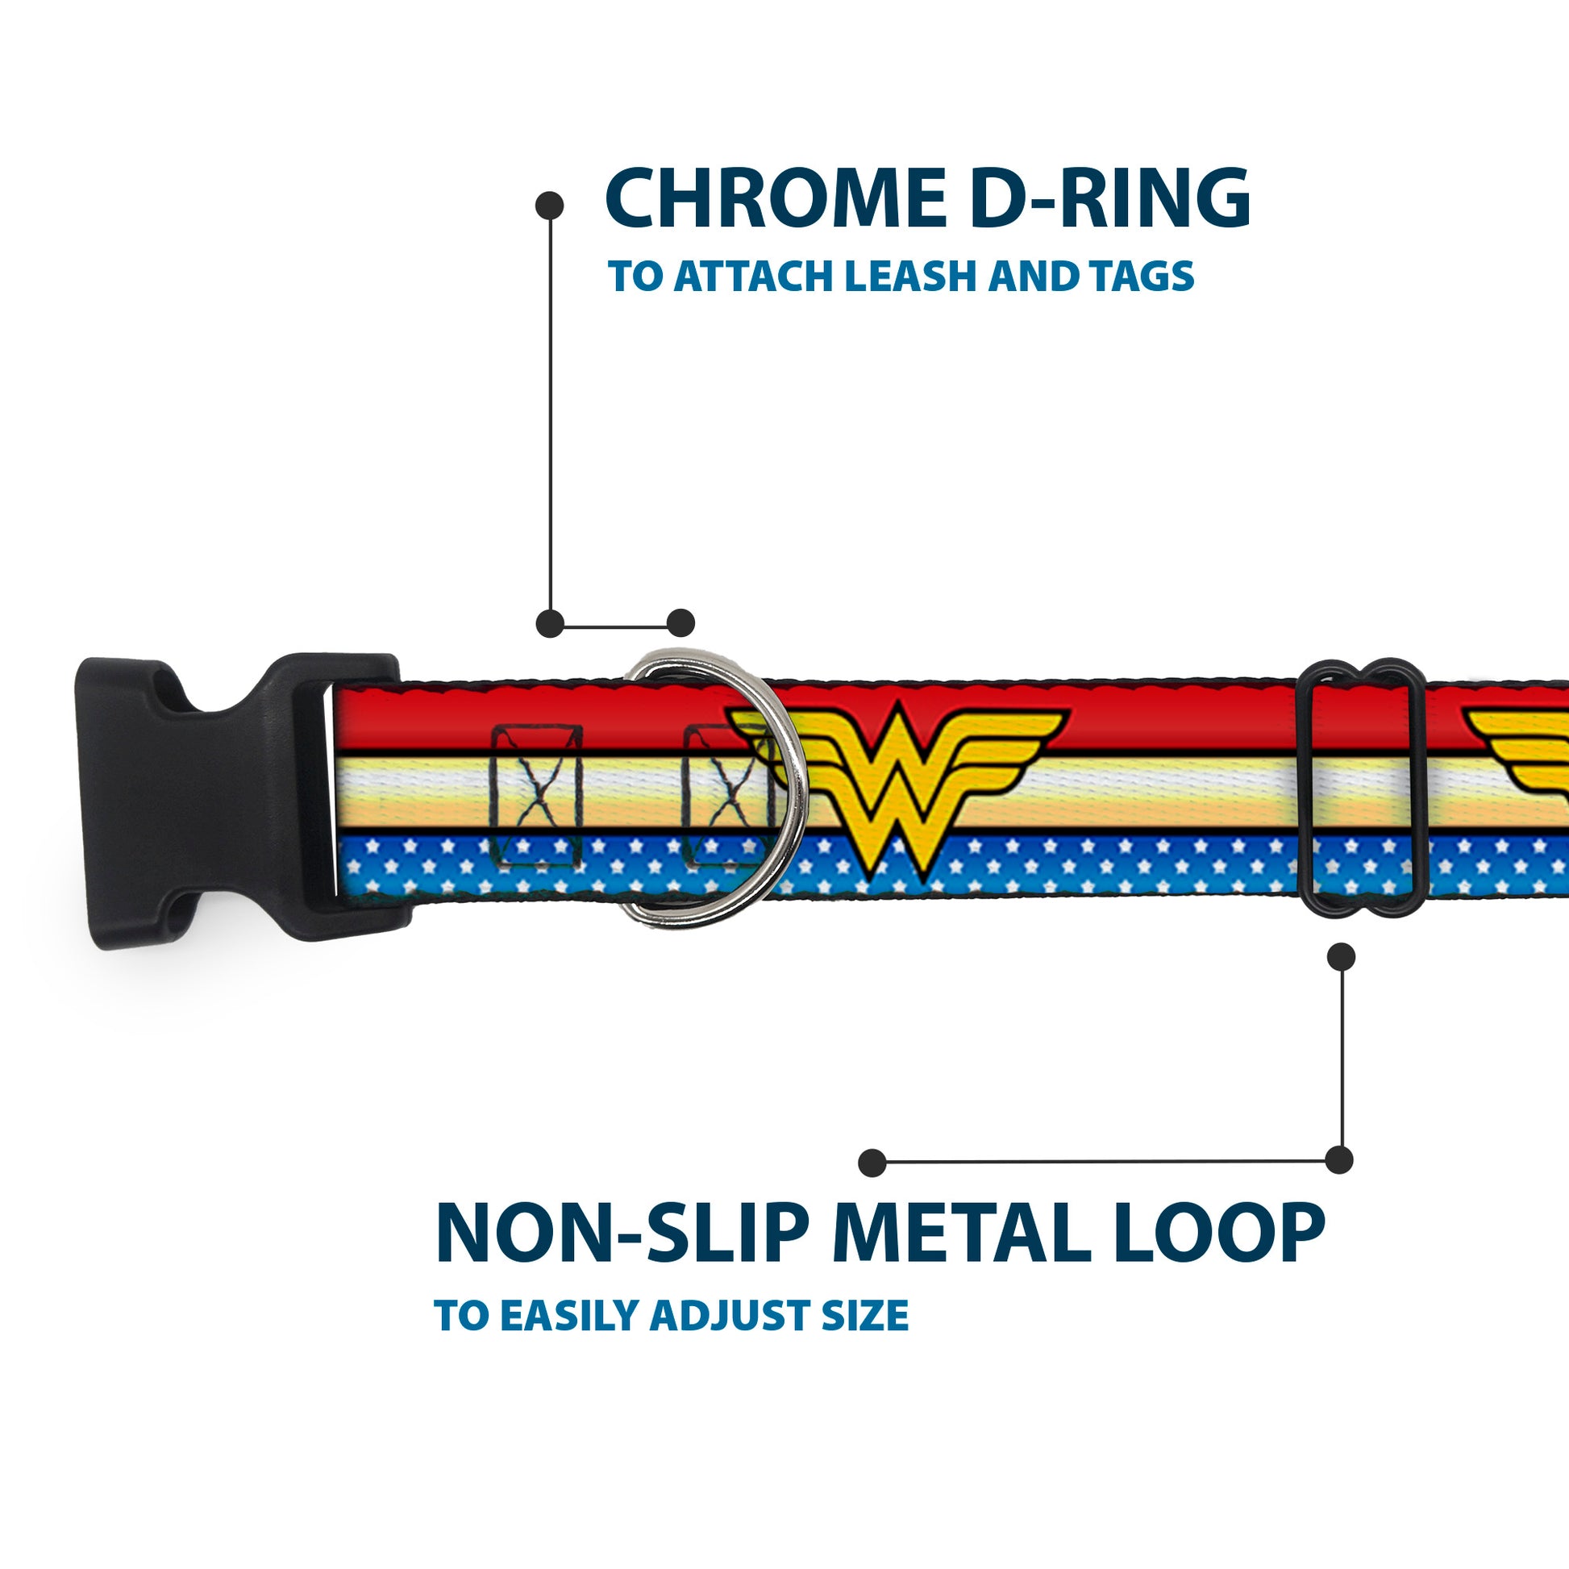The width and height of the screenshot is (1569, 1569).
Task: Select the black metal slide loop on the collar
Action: click(x=1363, y=788)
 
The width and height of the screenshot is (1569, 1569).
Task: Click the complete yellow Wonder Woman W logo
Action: click(x=897, y=776)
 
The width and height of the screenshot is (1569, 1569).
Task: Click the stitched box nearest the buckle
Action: click(x=537, y=794)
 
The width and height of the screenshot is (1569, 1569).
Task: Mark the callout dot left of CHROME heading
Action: click(x=550, y=206)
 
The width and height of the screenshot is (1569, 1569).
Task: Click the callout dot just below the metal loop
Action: click(x=1341, y=958)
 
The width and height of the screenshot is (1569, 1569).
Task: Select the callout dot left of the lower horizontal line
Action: click(x=872, y=1162)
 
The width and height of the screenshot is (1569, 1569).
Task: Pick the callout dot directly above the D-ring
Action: click(x=680, y=623)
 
